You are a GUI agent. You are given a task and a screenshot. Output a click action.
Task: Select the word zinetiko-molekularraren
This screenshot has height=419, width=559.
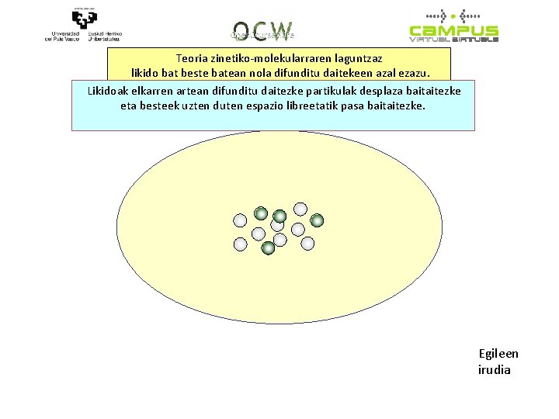269,58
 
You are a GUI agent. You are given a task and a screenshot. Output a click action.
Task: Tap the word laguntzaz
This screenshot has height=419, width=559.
356,58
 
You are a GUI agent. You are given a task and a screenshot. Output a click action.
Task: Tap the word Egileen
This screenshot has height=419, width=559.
498,354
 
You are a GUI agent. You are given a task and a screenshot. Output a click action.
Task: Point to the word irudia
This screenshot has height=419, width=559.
495,369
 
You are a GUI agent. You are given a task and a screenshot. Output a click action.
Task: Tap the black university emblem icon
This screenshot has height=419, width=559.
85,19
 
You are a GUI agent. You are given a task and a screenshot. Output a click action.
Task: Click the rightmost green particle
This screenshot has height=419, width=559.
317,221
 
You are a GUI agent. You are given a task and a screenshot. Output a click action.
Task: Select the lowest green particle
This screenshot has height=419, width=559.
268,248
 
